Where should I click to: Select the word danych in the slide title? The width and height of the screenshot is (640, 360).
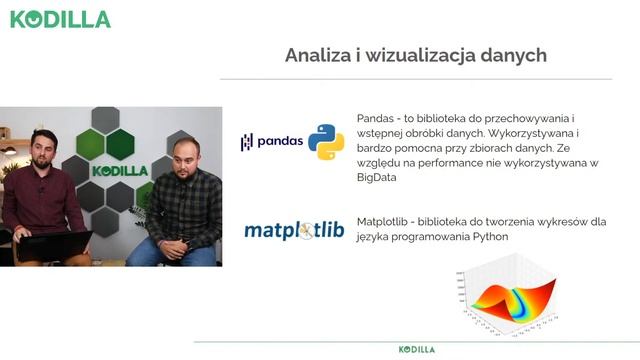click(511, 55)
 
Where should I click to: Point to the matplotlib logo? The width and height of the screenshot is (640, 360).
click(294, 231)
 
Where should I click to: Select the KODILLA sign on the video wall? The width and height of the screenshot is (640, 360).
click(119, 170)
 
